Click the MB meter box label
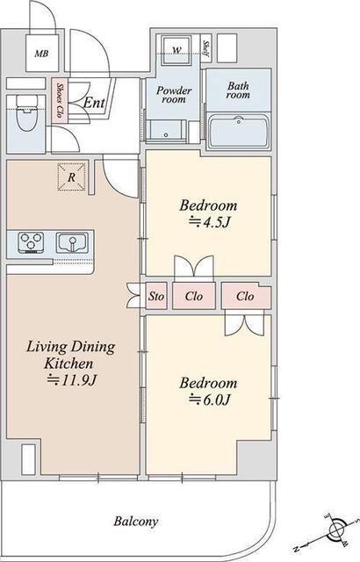coord(41,54)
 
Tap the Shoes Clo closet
coord(60,101)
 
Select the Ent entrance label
coord(94,103)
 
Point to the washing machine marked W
coord(176,50)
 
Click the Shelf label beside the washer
coord(206,49)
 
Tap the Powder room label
coord(174,95)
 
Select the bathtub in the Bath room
coord(240,132)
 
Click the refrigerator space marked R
coord(72,177)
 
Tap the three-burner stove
coord(31,242)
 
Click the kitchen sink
coord(72,242)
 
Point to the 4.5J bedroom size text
coord(209,222)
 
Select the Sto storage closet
coord(156,296)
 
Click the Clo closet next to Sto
coord(194,296)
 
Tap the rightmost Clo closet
coord(246,296)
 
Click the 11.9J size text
coord(72,380)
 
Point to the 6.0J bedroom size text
coord(209,400)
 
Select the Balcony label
coord(136,521)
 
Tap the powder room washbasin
coord(166,131)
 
